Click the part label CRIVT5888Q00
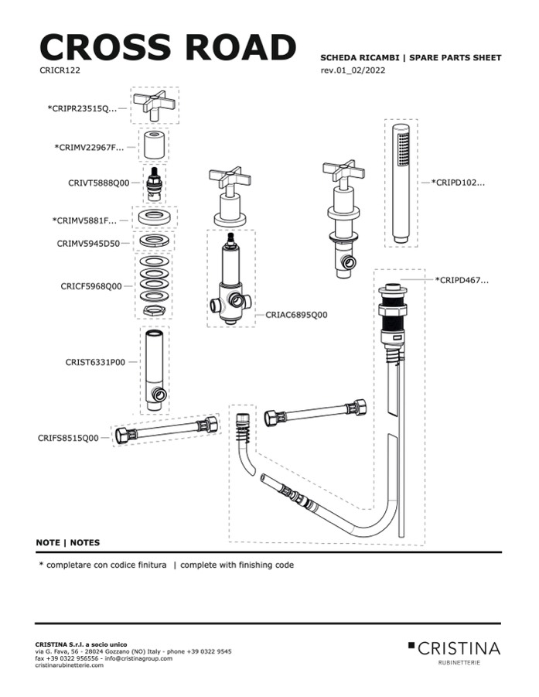(x=99, y=183)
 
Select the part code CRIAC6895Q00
(x=296, y=315)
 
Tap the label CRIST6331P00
(x=95, y=362)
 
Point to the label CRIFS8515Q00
(x=68, y=439)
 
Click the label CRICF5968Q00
(x=91, y=286)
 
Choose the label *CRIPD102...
(x=458, y=183)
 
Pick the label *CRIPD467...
(x=462, y=280)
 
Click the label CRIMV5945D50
(x=88, y=244)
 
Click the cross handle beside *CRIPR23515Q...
(x=154, y=105)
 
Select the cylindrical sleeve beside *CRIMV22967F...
(x=154, y=145)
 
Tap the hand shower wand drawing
(x=401, y=183)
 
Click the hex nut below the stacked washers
(x=154, y=310)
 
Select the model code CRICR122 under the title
(x=60, y=70)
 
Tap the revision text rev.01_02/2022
(x=353, y=70)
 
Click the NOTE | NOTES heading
(x=68, y=542)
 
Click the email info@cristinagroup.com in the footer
(x=138, y=658)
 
